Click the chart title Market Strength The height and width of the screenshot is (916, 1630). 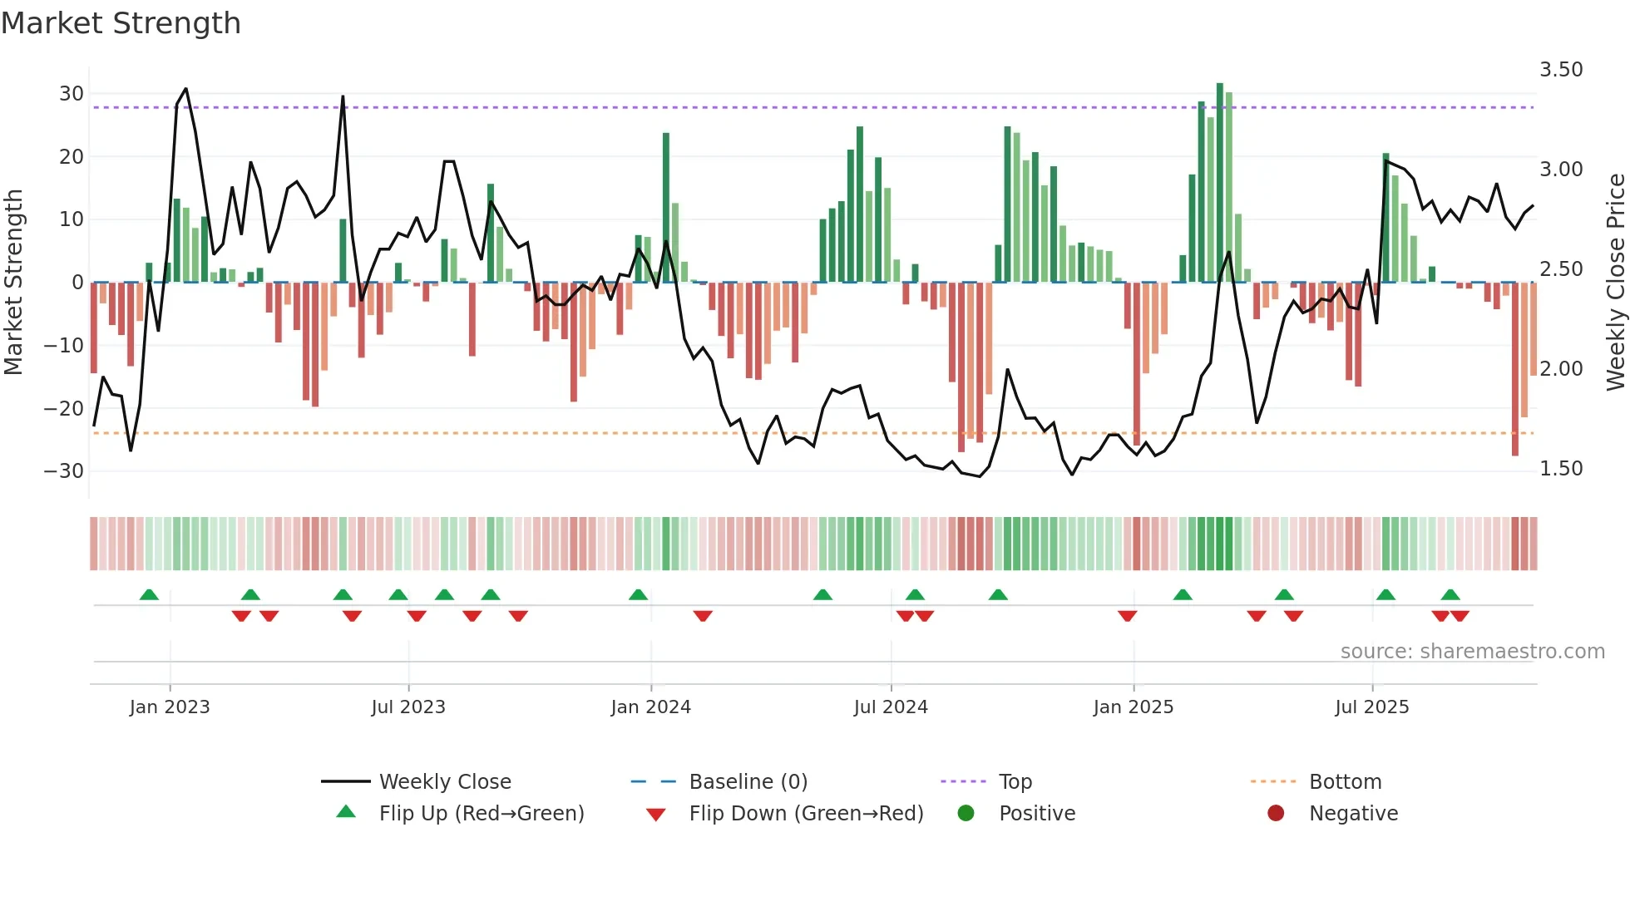[121, 23]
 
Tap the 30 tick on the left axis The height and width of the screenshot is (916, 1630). [72, 94]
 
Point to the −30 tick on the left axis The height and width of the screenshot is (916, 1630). [64, 471]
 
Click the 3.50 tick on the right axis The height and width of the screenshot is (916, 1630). [1561, 70]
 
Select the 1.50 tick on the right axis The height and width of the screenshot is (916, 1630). [1561, 469]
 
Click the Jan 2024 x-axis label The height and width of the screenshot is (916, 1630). [650, 707]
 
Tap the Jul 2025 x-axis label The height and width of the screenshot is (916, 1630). [1371, 707]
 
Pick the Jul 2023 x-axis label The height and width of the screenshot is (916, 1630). [407, 707]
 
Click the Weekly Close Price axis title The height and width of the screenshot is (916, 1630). [1615, 283]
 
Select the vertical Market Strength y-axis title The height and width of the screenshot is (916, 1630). [13, 283]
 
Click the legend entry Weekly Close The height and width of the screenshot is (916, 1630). [444, 782]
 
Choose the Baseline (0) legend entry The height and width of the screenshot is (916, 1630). [748, 782]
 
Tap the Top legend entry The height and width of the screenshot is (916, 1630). [1015, 782]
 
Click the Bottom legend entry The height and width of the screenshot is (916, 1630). [1345, 782]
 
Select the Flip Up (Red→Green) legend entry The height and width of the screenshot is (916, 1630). [481, 814]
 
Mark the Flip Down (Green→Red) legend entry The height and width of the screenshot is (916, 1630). [805, 814]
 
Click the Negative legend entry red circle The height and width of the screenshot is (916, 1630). [1276, 814]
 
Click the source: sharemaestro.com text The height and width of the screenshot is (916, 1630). [1472, 652]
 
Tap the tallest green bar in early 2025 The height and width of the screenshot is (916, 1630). [1220, 183]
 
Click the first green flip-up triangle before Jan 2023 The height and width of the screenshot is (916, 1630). [149, 595]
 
